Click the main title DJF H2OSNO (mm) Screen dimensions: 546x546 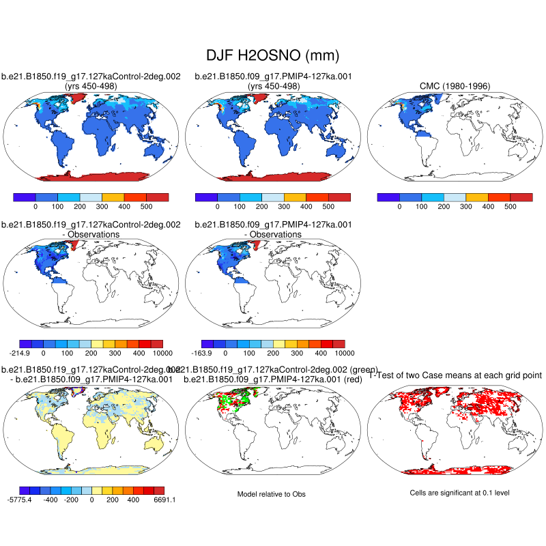click(272, 55)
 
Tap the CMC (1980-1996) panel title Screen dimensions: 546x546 click(455, 86)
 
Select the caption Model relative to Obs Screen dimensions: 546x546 click(272, 493)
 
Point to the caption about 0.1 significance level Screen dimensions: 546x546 click(455, 493)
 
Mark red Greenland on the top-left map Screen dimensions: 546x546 click(77, 98)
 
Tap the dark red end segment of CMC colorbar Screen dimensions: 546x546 click(521, 197)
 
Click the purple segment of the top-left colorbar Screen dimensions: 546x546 click(25, 197)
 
